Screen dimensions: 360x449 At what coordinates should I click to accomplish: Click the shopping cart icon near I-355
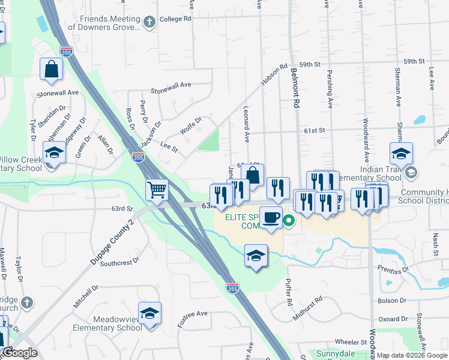tap(157, 190)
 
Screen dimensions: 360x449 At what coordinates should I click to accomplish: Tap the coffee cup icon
tap(271, 217)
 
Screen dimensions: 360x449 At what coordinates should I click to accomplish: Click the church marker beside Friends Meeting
tap(149, 22)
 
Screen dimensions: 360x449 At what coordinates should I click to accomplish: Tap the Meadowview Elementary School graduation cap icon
tap(149, 313)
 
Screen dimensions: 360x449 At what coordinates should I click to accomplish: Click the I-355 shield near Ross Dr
tap(139, 157)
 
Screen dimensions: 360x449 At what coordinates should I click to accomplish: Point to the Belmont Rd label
tap(295, 88)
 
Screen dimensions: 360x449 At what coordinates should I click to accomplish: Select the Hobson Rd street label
tap(274, 75)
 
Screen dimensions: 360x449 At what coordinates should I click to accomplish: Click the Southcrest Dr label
tap(119, 263)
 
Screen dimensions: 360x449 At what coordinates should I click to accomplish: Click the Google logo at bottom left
tap(20, 353)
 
